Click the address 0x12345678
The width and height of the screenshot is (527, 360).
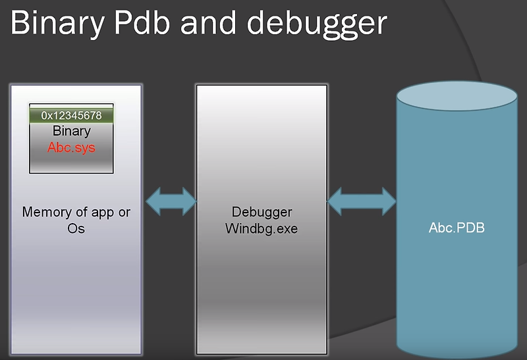pos(71,116)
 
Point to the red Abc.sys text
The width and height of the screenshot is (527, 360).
pos(71,147)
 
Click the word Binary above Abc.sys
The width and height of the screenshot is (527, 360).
pos(71,132)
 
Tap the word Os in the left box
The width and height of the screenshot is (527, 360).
pos(76,228)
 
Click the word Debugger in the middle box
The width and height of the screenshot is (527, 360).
pos(262,213)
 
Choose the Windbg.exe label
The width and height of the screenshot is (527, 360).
pos(262,228)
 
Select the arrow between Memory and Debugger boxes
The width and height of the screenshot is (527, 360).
pos(170,201)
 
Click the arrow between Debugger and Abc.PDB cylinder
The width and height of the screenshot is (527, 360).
pos(361,201)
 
